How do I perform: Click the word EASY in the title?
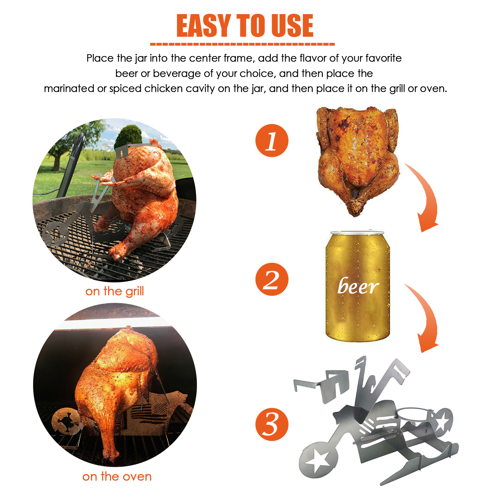(x=204, y=26)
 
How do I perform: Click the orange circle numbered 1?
(x=272, y=141)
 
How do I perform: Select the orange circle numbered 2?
(x=272, y=279)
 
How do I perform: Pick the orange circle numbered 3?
(x=272, y=424)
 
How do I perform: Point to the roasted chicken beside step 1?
(x=358, y=161)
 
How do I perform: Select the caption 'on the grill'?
(x=115, y=291)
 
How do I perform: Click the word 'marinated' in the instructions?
(x=69, y=89)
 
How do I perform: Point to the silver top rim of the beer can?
(x=357, y=232)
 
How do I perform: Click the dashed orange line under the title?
(x=242, y=44)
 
